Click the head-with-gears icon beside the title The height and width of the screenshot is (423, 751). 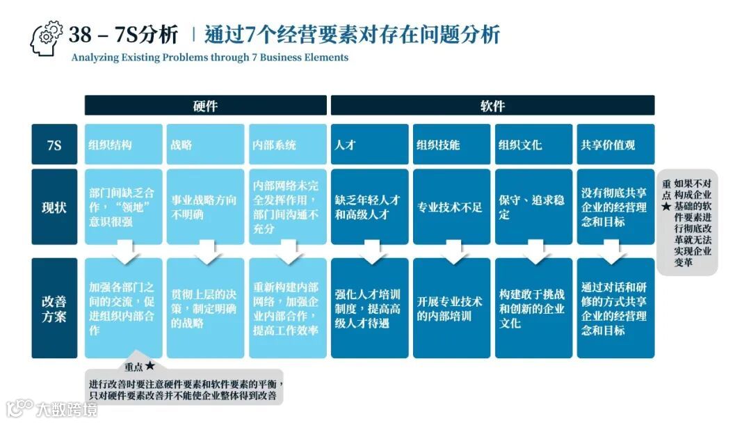click(47, 38)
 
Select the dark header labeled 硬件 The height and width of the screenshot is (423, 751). click(205, 106)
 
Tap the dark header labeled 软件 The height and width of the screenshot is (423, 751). click(492, 106)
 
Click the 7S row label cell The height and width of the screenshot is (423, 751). click(54, 145)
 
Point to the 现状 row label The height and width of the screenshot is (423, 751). click(54, 207)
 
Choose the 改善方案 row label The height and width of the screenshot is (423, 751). click(54, 308)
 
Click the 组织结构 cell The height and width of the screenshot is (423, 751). click(124, 145)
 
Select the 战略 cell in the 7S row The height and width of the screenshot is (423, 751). click(205, 145)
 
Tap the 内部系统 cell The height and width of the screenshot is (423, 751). click(287, 145)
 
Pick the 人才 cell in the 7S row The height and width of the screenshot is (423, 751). click(369, 145)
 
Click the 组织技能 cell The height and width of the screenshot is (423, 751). click(451, 145)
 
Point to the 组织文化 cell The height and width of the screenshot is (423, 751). click(533, 145)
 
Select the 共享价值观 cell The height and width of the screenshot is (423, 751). click(615, 145)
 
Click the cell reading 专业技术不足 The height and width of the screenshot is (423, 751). click(451, 207)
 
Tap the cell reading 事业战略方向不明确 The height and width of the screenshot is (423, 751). click(205, 207)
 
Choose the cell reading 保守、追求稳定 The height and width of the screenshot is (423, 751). click(533, 207)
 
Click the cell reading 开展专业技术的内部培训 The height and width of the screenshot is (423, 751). click(451, 308)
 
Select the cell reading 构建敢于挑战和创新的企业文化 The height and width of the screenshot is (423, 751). click(533, 308)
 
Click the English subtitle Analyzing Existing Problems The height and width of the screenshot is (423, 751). click(209, 58)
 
